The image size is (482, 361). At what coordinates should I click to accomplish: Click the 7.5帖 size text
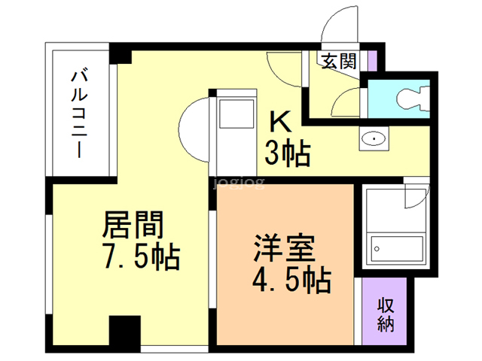140,257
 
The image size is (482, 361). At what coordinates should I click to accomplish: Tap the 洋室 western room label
284,247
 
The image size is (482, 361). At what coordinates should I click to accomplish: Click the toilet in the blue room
410,97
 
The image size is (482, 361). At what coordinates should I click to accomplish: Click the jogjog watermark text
239,181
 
